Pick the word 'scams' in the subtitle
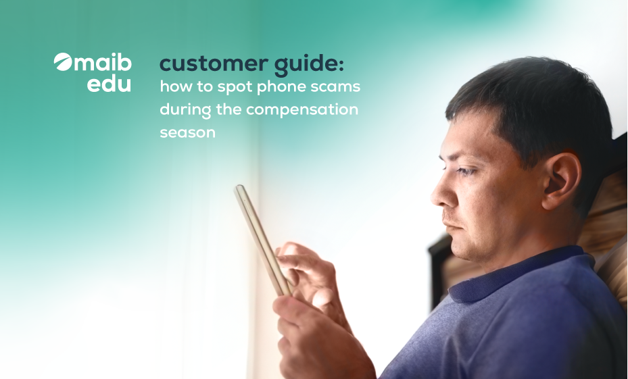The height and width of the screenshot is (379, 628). coord(336,88)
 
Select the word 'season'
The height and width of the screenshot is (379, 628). coord(187,132)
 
